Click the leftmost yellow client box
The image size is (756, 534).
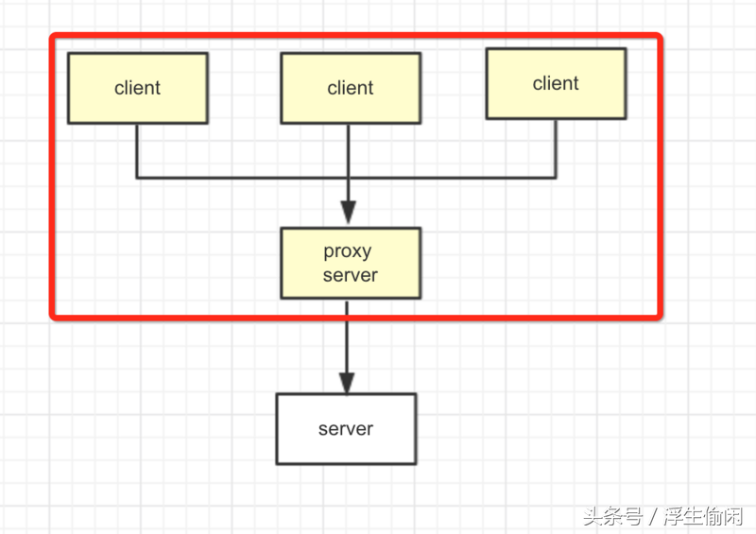click(x=138, y=88)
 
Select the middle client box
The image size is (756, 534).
click(x=351, y=88)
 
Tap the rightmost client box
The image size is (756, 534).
click(x=556, y=84)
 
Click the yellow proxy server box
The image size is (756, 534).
click(x=351, y=264)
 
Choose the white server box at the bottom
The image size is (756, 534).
click(x=346, y=429)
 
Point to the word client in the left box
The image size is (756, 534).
click(x=138, y=88)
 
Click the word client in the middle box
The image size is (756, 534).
click(x=351, y=88)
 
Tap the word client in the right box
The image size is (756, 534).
click(x=556, y=84)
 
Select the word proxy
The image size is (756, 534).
click(x=348, y=251)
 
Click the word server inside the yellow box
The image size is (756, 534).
click(x=351, y=276)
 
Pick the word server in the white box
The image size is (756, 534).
click(x=346, y=429)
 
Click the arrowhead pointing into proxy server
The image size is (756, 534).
click(x=348, y=214)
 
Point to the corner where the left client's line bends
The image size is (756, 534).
click(x=138, y=177)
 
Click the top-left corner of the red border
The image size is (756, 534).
click(x=54, y=37)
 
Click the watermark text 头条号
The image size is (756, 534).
click(x=612, y=516)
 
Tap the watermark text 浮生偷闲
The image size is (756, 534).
click(x=703, y=516)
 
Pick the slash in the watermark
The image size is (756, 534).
click(x=653, y=516)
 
